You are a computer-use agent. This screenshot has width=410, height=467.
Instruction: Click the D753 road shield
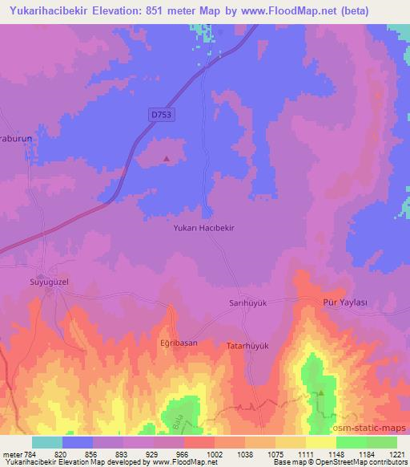162,116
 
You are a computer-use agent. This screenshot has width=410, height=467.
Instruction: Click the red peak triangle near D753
166,158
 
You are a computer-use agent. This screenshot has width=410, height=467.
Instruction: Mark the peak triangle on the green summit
320,393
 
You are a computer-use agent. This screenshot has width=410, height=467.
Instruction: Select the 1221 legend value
397,454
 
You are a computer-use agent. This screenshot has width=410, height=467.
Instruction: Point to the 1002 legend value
215,454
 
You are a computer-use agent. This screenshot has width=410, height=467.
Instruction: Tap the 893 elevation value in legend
123,454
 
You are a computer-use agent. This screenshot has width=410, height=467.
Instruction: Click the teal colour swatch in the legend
47,442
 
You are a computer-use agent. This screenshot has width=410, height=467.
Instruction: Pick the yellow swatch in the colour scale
320,442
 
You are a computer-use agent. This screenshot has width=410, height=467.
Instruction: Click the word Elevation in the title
129,10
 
